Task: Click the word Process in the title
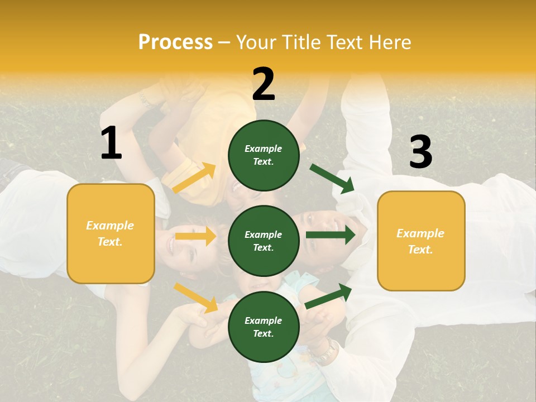(x=175, y=42)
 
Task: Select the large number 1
(x=111, y=143)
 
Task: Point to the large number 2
(x=264, y=84)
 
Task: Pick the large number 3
(x=420, y=152)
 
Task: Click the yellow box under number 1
(x=111, y=233)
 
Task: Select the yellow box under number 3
(x=421, y=241)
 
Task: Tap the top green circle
(x=264, y=155)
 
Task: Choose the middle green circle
(x=264, y=241)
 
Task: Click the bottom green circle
(x=264, y=327)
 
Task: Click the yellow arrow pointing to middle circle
(x=195, y=236)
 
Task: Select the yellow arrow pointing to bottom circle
(x=196, y=298)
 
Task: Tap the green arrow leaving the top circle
(x=332, y=178)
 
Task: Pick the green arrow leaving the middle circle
(x=330, y=234)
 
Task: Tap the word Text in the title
(x=344, y=42)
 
